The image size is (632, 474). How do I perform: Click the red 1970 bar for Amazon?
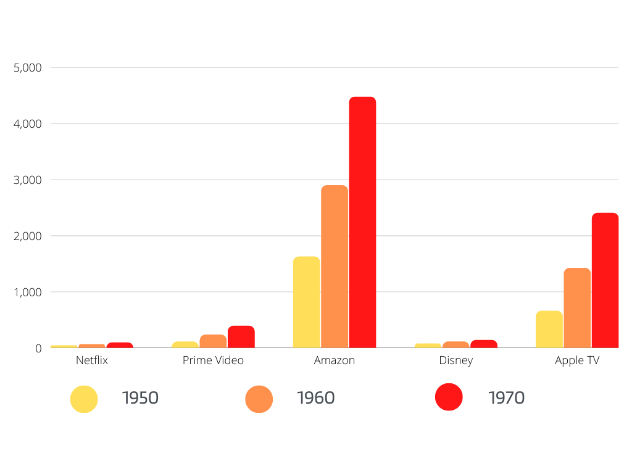[x=362, y=222]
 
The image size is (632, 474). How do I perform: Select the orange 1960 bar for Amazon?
[x=335, y=266]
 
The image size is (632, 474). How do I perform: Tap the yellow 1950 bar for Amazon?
[x=307, y=302]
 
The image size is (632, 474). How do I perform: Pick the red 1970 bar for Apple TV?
[x=605, y=280]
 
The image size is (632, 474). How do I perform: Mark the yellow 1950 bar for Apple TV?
[x=549, y=329]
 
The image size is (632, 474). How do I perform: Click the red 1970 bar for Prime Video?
[x=241, y=337]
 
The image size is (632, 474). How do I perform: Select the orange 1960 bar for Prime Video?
[x=213, y=341]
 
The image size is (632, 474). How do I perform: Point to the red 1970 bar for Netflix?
[x=120, y=345]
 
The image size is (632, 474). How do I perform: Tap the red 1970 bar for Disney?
[x=484, y=344]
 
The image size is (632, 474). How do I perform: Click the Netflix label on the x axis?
[x=92, y=360]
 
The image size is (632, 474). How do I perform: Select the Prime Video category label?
[x=213, y=360]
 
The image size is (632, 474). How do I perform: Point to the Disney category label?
[x=456, y=360]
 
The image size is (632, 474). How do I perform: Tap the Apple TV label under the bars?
[x=577, y=360]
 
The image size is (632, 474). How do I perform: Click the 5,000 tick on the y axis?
[x=27, y=67]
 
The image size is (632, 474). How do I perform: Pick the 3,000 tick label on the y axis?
[x=27, y=180]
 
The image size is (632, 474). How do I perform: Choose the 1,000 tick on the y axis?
[x=27, y=292]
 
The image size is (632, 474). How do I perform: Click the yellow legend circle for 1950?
[x=84, y=399]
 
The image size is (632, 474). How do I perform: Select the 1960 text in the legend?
[x=315, y=398]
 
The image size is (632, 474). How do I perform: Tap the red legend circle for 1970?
[x=449, y=397]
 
